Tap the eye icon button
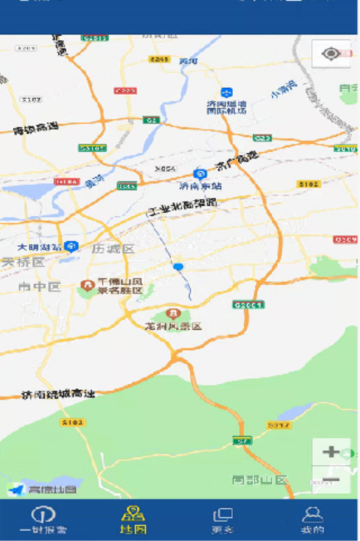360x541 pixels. (331, 53)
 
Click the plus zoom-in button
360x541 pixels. (331, 453)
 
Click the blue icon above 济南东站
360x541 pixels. (200, 174)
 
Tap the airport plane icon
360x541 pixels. (226, 93)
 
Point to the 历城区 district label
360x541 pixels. (113, 249)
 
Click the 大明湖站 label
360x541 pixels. (40, 247)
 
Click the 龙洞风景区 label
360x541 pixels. (173, 326)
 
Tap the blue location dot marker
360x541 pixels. (178, 267)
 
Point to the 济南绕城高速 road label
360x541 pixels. (58, 394)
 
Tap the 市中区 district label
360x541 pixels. (39, 287)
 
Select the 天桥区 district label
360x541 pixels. (23, 262)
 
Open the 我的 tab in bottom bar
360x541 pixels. (312, 519)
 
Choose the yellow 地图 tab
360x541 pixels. (133, 519)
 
